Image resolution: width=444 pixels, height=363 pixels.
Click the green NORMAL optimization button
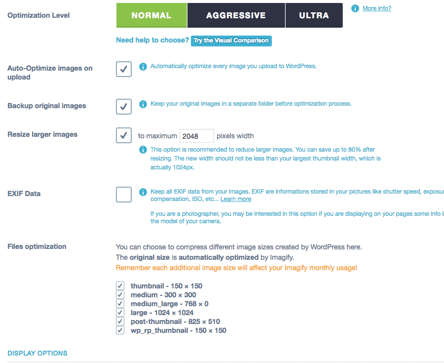pyautogui.click(x=151, y=15)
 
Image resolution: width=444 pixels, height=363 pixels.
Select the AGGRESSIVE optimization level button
pyautogui.click(x=236, y=15)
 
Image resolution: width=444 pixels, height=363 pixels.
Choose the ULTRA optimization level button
pyautogui.click(x=314, y=15)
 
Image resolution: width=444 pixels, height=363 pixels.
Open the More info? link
pyautogui.click(x=376, y=8)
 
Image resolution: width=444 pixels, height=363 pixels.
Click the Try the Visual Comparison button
pyautogui.click(x=231, y=40)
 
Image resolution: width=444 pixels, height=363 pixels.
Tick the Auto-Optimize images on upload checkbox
pyautogui.click(x=124, y=69)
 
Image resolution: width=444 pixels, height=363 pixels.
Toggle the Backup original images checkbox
pyautogui.click(x=124, y=106)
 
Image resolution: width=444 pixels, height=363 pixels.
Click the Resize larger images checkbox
pyautogui.click(x=124, y=135)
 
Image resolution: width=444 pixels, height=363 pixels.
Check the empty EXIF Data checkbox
pyautogui.click(x=124, y=195)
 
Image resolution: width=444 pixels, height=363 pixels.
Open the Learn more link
pyautogui.click(x=236, y=199)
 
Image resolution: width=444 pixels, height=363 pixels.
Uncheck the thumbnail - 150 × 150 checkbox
pyautogui.click(x=120, y=286)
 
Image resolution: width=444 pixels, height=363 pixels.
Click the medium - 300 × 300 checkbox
pyautogui.click(x=120, y=295)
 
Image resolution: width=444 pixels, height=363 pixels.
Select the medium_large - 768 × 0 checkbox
pyautogui.click(x=120, y=304)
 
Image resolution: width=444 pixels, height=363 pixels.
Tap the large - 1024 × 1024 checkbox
pyautogui.click(x=120, y=313)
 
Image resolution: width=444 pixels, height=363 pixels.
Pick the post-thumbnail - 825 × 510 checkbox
pyautogui.click(x=120, y=322)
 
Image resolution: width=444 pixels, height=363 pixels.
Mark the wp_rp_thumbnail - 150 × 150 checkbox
pyautogui.click(x=120, y=330)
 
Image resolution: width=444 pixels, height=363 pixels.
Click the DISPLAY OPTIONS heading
pyautogui.click(x=37, y=353)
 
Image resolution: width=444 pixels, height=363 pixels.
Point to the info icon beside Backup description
pyautogui.click(x=143, y=104)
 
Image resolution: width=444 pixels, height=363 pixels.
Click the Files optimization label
pyautogui.click(x=37, y=246)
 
